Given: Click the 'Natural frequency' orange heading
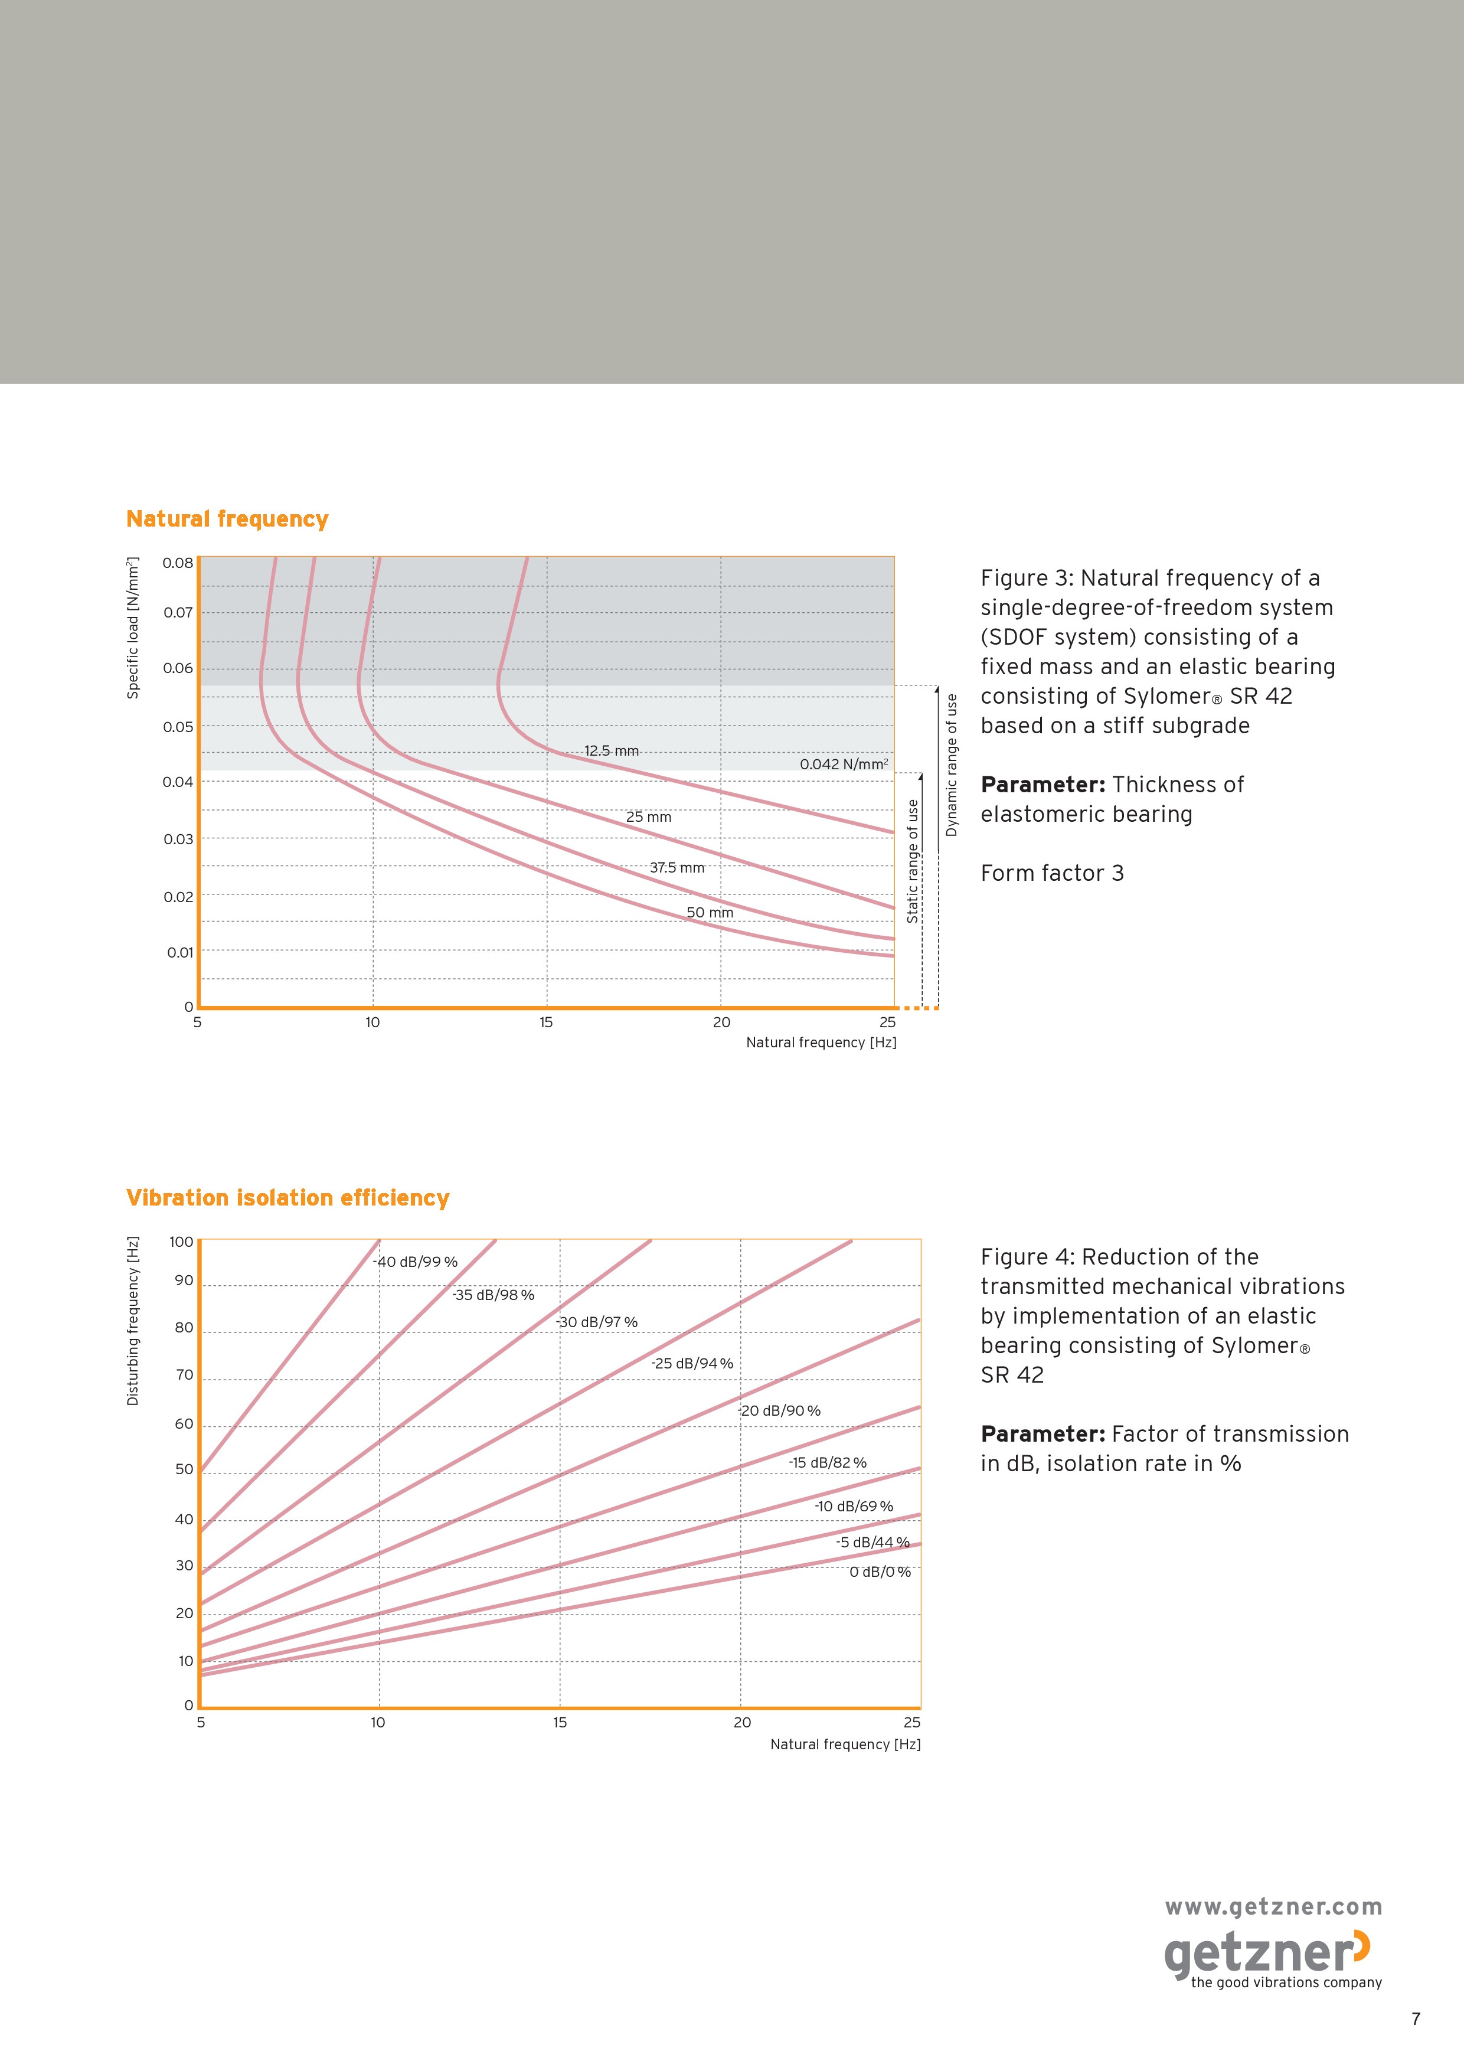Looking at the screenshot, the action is click(x=227, y=520).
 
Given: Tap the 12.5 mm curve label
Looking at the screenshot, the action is click(x=612, y=750).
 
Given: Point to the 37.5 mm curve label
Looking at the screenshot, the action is click(x=678, y=868).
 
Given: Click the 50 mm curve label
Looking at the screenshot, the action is click(x=710, y=913).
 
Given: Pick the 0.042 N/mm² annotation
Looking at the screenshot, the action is click(x=844, y=764).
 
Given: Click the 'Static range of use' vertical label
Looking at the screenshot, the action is click(x=913, y=861).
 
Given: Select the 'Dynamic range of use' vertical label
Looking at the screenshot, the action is click(x=952, y=765).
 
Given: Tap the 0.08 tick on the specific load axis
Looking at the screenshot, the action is click(x=178, y=563).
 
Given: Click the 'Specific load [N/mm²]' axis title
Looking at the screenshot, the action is click(x=133, y=628).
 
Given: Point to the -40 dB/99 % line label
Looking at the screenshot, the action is click(x=416, y=1262).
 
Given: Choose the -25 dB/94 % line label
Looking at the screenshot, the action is click(x=693, y=1363).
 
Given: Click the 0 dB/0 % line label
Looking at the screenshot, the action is click(x=880, y=1572).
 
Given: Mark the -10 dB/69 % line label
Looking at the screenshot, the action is click(x=854, y=1507).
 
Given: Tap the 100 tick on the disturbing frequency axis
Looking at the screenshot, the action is click(x=181, y=1242).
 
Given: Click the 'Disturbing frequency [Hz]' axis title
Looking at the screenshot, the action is click(x=133, y=1321).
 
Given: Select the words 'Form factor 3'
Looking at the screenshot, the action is click(x=1053, y=873).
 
